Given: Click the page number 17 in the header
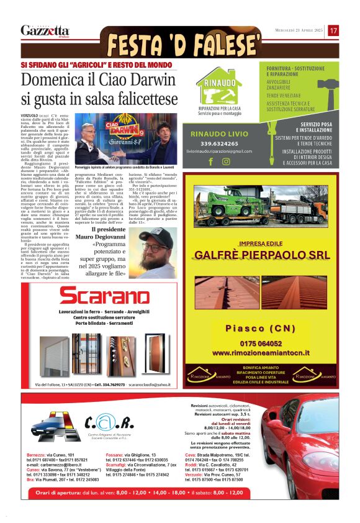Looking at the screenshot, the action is point(333,30).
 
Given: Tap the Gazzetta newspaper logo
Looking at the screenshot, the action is point(45,30).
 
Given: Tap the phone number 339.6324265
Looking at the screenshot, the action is point(220,142).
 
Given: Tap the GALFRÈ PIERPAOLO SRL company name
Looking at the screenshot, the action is point(262,255).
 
